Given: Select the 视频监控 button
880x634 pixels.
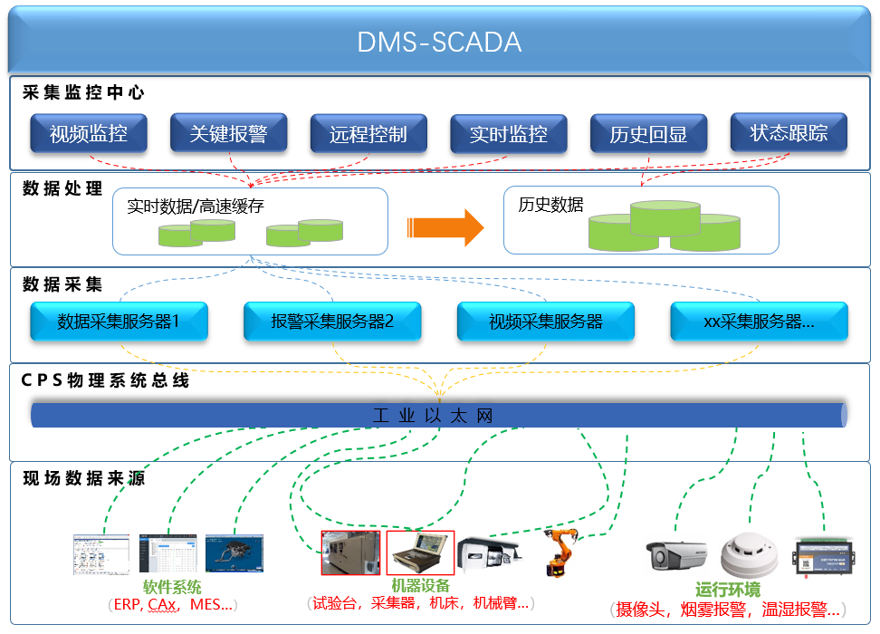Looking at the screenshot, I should coord(88,134).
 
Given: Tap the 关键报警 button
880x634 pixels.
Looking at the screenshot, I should coord(228,134).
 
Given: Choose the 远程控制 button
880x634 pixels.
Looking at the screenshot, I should coord(368,134).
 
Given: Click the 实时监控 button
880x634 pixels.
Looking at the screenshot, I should coord(508,134).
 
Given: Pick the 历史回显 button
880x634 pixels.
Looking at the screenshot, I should coord(647,134).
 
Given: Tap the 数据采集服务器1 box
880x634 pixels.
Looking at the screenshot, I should coord(119,322).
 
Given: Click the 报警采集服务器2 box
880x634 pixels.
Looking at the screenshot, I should coord(332,322).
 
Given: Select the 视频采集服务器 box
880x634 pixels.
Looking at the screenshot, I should coord(545,322).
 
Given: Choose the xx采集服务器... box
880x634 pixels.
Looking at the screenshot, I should coord(759,322).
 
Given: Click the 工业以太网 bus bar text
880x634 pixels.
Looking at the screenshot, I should coord(434,416).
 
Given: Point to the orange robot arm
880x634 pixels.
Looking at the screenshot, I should coord(561,552).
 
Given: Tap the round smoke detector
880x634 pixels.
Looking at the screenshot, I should coord(749,557).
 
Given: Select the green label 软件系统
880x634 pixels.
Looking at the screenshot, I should coord(172,587).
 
